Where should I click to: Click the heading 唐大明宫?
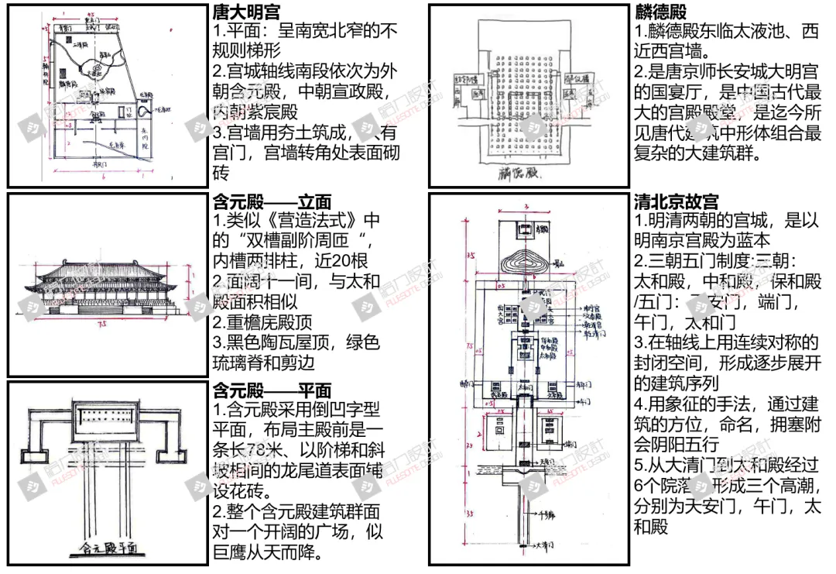[x=246, y=12]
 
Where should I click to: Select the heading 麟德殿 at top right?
[x=660, y=12]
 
